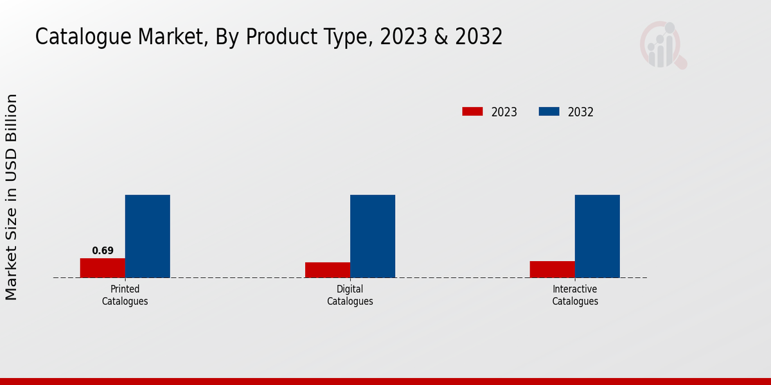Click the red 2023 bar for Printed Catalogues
[102, 268]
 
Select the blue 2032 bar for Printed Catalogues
[147, 236]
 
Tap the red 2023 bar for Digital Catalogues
[328, 269]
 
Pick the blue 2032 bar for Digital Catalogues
[373, 236]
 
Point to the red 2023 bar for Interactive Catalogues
[553, 269]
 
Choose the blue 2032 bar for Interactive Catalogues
[598, 236]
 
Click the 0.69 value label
[103, 251]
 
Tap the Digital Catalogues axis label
[350, 295]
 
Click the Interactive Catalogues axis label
[575, 295]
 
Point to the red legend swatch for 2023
[472, 112]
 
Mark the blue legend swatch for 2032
[549, 112]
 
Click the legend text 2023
[504, 112]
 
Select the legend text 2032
[581, 112]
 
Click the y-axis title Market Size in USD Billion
[12, 197]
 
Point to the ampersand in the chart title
[440, 37]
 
